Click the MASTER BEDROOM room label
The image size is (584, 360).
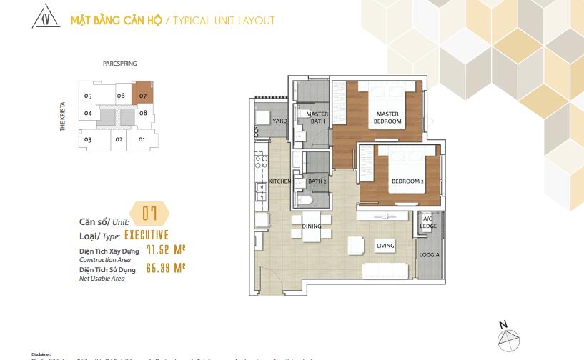click(387, 118)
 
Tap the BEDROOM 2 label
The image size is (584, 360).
click(407, 181)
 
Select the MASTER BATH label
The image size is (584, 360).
click(316, 118)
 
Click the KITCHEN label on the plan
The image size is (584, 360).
click(279, 181)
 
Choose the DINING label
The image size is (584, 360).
click(311, 226)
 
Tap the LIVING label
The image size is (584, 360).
click(385, 246)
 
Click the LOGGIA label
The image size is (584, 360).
click(430, 255)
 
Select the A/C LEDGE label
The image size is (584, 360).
click(429, 223)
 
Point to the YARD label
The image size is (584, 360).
click(279, 121)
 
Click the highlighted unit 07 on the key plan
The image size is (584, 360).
click(143, 95)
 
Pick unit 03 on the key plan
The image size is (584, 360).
click(88, 139)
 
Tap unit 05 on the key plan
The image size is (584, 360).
click(88, 96)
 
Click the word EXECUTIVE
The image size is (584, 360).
click(147, 234)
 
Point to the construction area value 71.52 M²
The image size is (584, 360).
click(166, 250)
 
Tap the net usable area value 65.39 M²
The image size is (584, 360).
click(166, 269)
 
